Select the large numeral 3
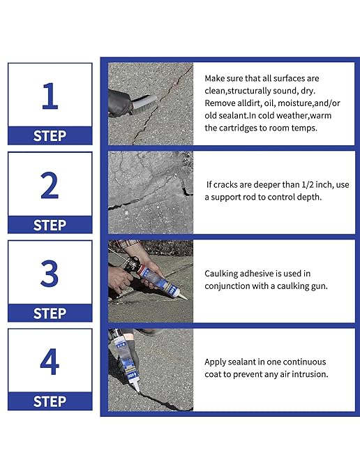49,273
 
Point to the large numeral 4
49,362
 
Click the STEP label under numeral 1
50,136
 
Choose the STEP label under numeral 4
50,401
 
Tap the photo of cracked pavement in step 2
150,192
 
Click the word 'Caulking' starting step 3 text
223,274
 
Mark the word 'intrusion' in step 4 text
306,374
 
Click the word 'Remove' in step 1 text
221,103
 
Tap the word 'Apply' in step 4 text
216,362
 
